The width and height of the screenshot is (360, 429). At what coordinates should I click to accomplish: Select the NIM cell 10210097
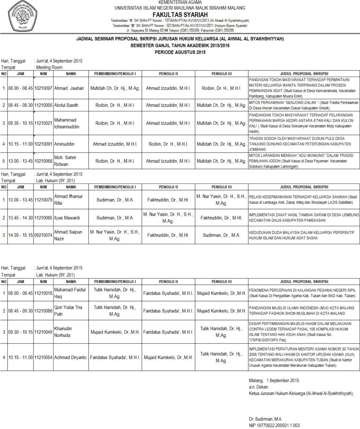coord(44,88)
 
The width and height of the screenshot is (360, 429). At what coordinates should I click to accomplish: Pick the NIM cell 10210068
coord(44,160)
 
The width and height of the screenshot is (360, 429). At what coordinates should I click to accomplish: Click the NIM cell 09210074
coord(44,235)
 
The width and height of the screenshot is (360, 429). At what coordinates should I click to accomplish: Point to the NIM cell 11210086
coord(44,311)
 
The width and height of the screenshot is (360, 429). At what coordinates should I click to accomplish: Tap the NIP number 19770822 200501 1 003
coord(274,425)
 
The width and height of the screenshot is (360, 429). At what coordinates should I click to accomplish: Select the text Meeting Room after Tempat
coord(49,67)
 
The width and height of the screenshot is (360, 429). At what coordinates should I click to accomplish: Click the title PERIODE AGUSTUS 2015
coord(180,52)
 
